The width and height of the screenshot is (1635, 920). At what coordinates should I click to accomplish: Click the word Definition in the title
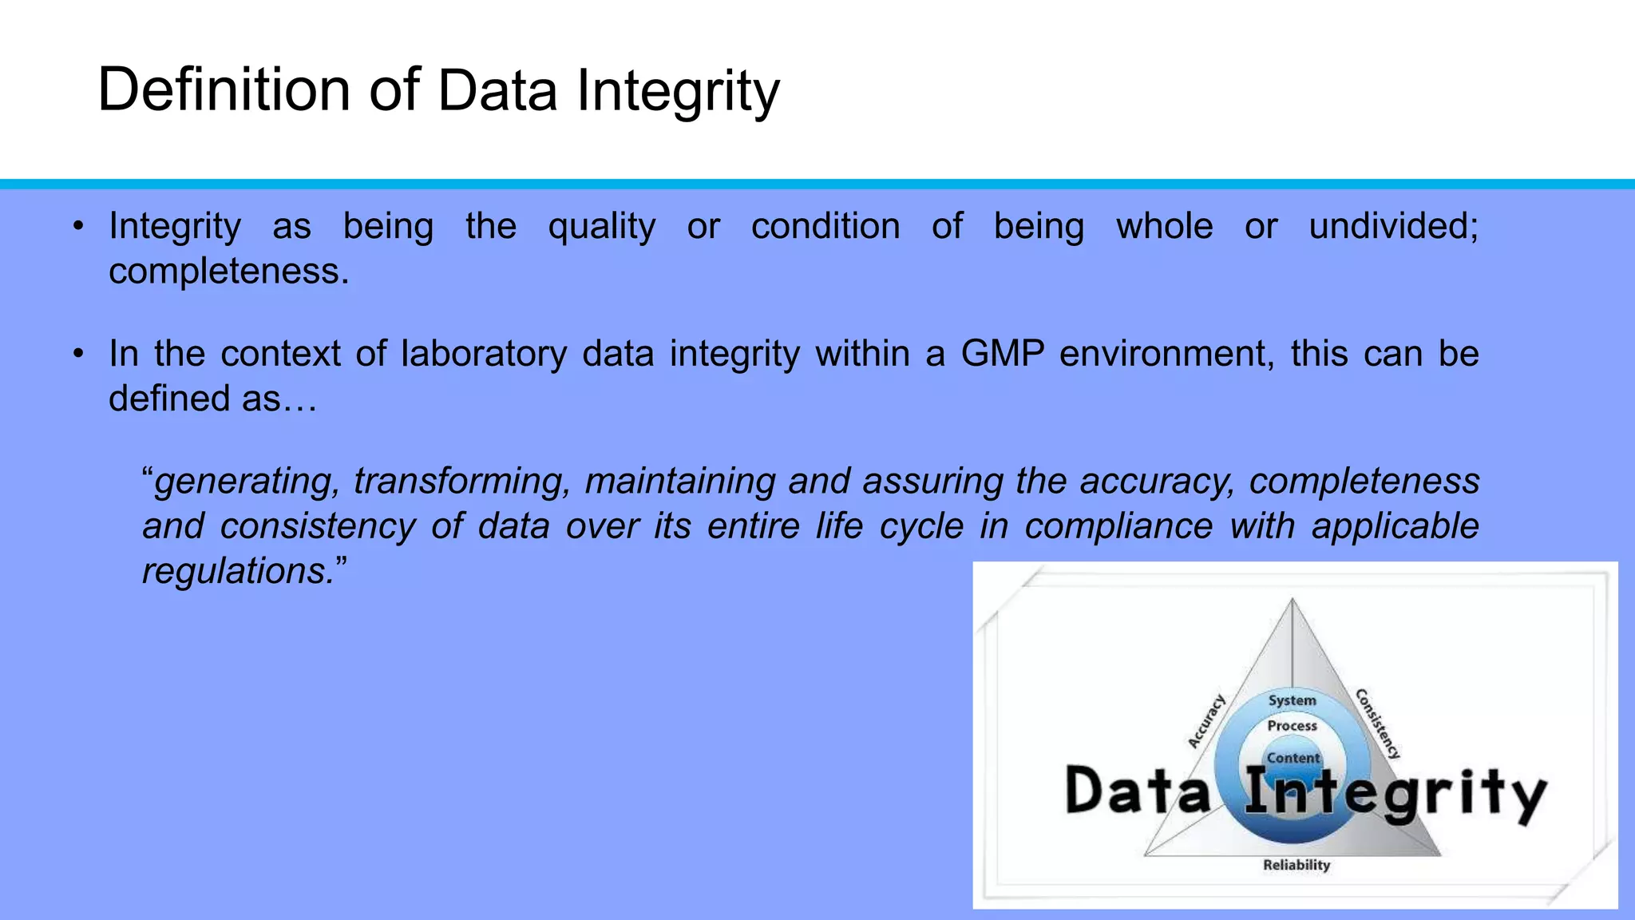224,89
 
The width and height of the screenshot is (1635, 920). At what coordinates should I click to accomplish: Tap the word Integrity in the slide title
678,91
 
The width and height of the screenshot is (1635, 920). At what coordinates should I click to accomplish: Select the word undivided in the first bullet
1392,226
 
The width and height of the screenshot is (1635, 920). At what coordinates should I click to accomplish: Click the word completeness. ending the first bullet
229,272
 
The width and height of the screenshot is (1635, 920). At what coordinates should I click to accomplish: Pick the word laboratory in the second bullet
484,353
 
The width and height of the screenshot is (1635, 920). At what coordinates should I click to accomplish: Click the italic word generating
247,482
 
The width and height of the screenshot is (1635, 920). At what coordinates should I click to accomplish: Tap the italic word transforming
462,482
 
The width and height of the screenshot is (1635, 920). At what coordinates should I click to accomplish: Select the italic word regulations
240,571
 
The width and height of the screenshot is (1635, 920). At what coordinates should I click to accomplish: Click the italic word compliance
1118,526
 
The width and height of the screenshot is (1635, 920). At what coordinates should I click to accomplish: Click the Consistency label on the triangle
1378,723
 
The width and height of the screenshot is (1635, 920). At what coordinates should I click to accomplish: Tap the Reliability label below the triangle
1297,865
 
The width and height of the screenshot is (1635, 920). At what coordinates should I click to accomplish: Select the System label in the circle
1292,700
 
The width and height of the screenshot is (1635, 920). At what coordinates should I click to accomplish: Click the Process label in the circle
1292,726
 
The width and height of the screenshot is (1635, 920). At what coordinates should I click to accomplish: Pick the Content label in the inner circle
1293,758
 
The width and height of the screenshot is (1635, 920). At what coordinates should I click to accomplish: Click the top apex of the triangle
1293,600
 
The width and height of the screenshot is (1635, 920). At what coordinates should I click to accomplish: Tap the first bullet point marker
77,226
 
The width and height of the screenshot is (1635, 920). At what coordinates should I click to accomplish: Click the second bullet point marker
77,353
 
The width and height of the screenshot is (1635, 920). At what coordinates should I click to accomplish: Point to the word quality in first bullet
601,227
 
